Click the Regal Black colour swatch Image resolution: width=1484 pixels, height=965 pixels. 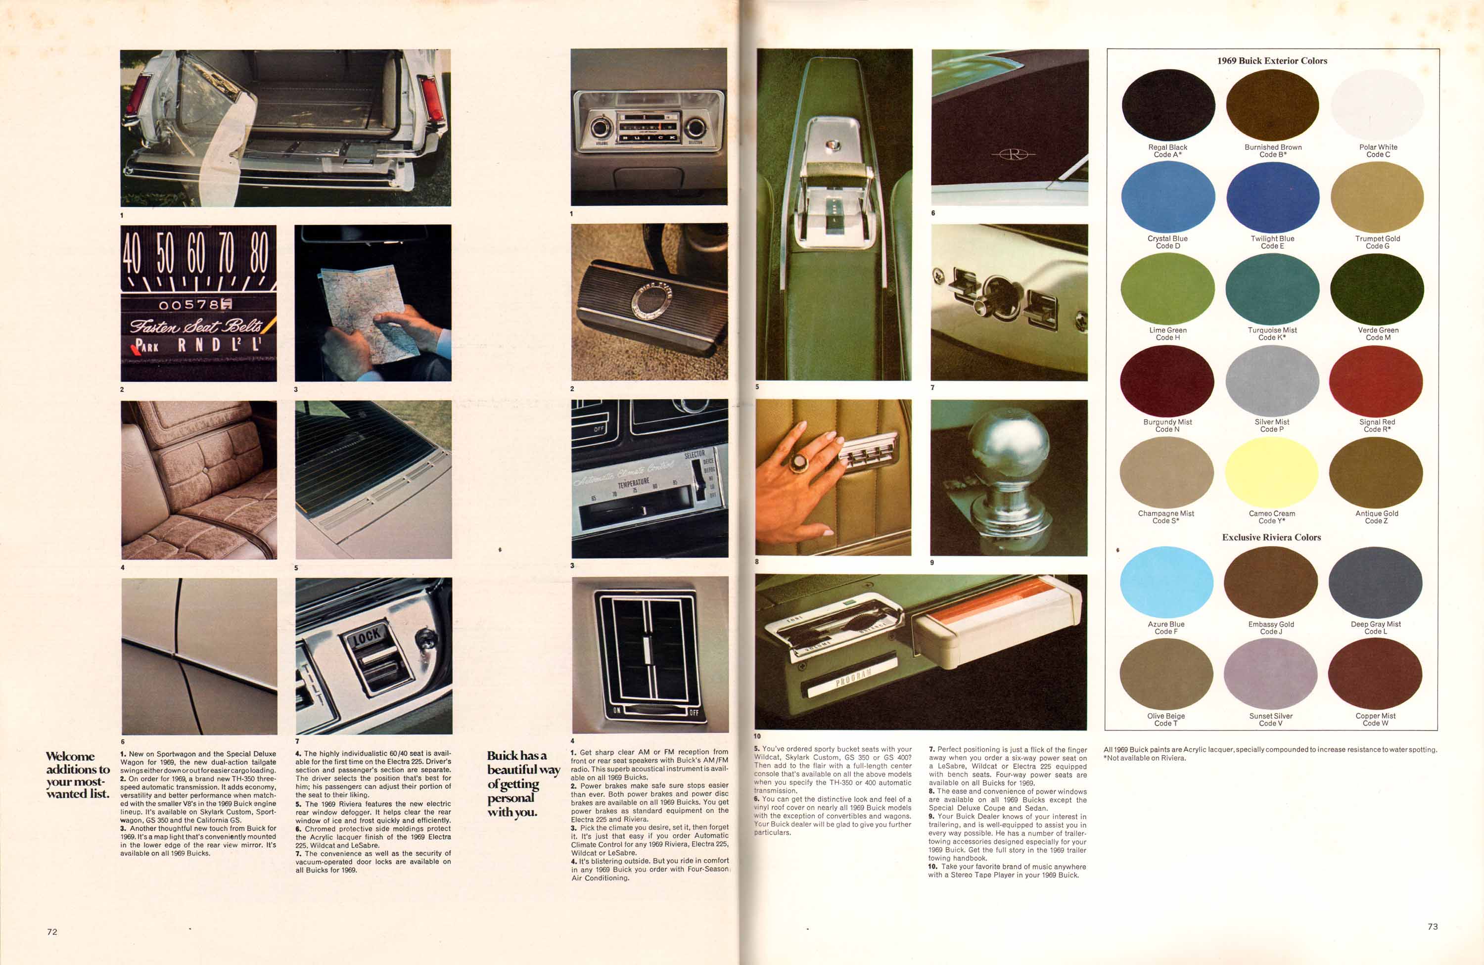coord(1168,105)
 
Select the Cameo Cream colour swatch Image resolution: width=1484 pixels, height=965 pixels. coord(1271,472)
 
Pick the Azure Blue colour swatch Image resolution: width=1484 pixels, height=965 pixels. coord(1166,582)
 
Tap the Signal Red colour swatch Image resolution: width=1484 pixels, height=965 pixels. coord(1376,380)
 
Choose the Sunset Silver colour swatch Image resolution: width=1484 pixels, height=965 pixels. coord(1271,674)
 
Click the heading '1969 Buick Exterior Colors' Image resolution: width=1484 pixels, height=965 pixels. coord(1272,60)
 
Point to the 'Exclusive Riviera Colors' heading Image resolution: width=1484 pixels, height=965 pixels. coord(1271,537)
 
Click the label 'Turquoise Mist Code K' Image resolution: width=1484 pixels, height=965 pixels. coord(1272,333)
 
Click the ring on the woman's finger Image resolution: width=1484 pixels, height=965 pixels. coord(797,462)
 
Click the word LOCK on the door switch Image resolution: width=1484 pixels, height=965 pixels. coord(367,636)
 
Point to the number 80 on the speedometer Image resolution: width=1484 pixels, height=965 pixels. coord(259,252)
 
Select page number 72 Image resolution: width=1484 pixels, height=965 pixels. coord(52,932)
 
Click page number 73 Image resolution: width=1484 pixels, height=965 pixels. coord(1433,927)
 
